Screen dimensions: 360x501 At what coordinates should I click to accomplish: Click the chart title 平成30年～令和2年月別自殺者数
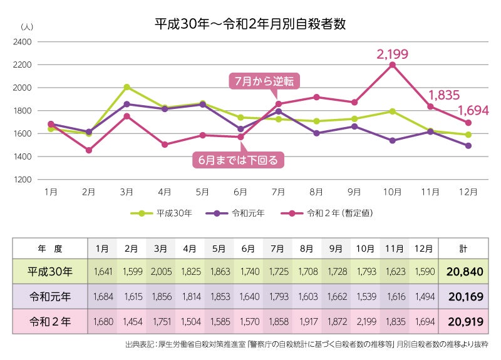click(x=250, y=24)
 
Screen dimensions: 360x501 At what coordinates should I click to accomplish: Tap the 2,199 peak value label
click(x=392, y=54)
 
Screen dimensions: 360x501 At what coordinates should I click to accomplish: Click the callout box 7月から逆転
click(x=264, y=80)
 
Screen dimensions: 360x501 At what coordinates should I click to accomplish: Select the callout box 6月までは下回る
click(x=239, y=160)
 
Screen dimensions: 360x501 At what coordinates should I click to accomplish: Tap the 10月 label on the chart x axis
click(x=393, y=190)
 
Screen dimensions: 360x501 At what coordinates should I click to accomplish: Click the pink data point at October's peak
click(x=393, y=64)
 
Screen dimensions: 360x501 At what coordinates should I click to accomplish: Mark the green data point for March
click(x=127, y=87)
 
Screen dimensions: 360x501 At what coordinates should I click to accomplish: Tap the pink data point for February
click(x=89, y=150)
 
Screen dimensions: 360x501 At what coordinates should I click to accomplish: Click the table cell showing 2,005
click(x=161, y=272)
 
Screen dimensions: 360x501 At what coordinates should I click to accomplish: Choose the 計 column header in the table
click(x=463, y=248)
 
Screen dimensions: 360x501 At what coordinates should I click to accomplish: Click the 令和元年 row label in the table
click(x=51, y=297)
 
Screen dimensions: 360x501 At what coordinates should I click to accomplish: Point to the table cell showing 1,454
click(x=132, y=322)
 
